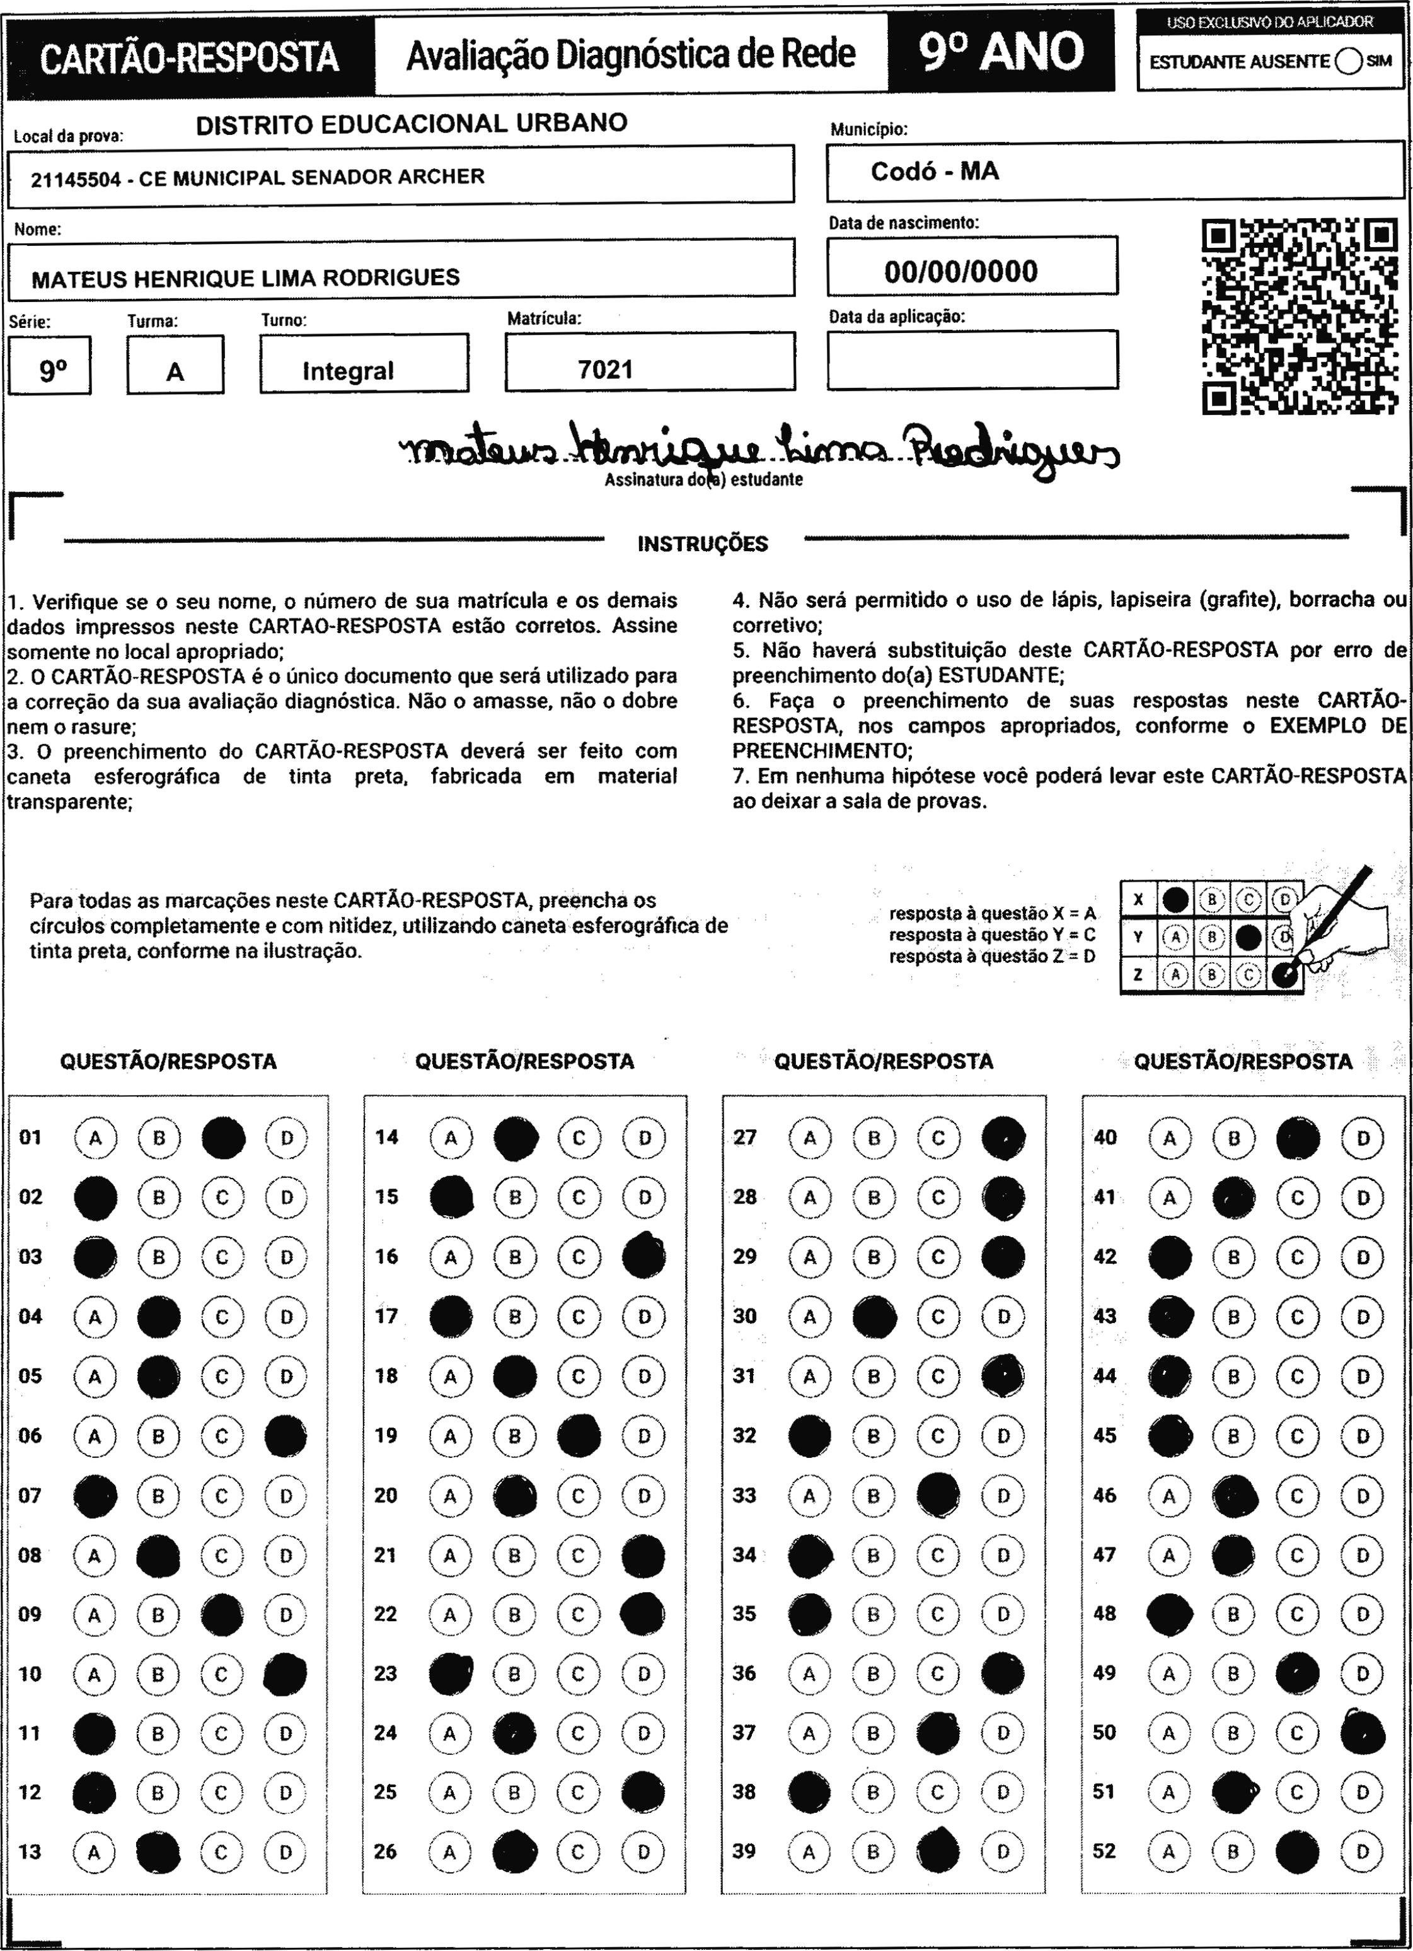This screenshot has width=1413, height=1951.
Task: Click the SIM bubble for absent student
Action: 1349,62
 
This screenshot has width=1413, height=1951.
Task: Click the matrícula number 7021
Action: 606,370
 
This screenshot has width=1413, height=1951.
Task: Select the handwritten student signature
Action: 757,447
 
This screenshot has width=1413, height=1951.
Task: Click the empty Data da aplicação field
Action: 972,359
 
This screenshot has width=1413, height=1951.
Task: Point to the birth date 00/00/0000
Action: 960,272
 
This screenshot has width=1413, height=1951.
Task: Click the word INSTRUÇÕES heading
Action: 703,544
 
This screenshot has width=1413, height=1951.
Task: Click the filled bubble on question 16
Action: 643,1257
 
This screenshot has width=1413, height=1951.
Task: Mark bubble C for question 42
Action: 1297,1257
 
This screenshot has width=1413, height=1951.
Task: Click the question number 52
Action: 1104,1851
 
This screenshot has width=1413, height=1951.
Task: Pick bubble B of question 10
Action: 158,1674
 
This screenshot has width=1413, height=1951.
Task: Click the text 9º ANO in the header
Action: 1001,52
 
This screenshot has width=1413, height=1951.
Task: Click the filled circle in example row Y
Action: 1248,936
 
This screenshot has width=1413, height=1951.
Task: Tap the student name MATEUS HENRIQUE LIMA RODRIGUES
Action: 245,278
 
